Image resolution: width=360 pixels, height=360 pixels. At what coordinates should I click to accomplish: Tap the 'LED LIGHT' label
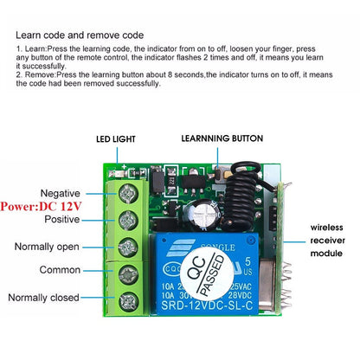[117, 138]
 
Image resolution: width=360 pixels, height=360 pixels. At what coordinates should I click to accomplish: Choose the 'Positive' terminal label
[62, 221]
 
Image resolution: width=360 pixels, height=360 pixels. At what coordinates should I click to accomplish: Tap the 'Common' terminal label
[61, 271]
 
